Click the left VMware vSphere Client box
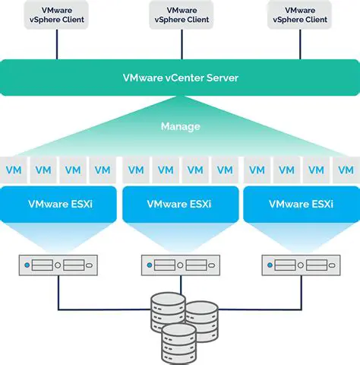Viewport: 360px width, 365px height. [x=56, y=14]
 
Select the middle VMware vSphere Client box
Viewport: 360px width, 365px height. [x=180, y=14]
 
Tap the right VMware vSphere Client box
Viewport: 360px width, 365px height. [x=302, y=14]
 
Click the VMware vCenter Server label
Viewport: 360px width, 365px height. [x=179, y=78]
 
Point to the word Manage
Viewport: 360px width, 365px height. [x=179, y=126]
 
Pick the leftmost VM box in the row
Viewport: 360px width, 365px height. [x=13, y=170]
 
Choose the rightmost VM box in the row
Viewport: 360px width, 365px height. [x=347, y=170]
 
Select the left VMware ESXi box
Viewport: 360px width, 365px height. [x=59, y=204]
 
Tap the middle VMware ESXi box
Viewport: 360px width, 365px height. [x=180, y=204]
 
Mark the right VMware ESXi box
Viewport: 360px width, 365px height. [x=301, y=204]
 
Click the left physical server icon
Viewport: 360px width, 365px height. [x=59, y=265]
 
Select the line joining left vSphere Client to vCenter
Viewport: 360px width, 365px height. [x=56, y=45]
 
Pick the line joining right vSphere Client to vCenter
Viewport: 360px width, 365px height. [x=302, y=45]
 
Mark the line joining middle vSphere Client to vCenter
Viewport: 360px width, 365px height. [x=180, y=45]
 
